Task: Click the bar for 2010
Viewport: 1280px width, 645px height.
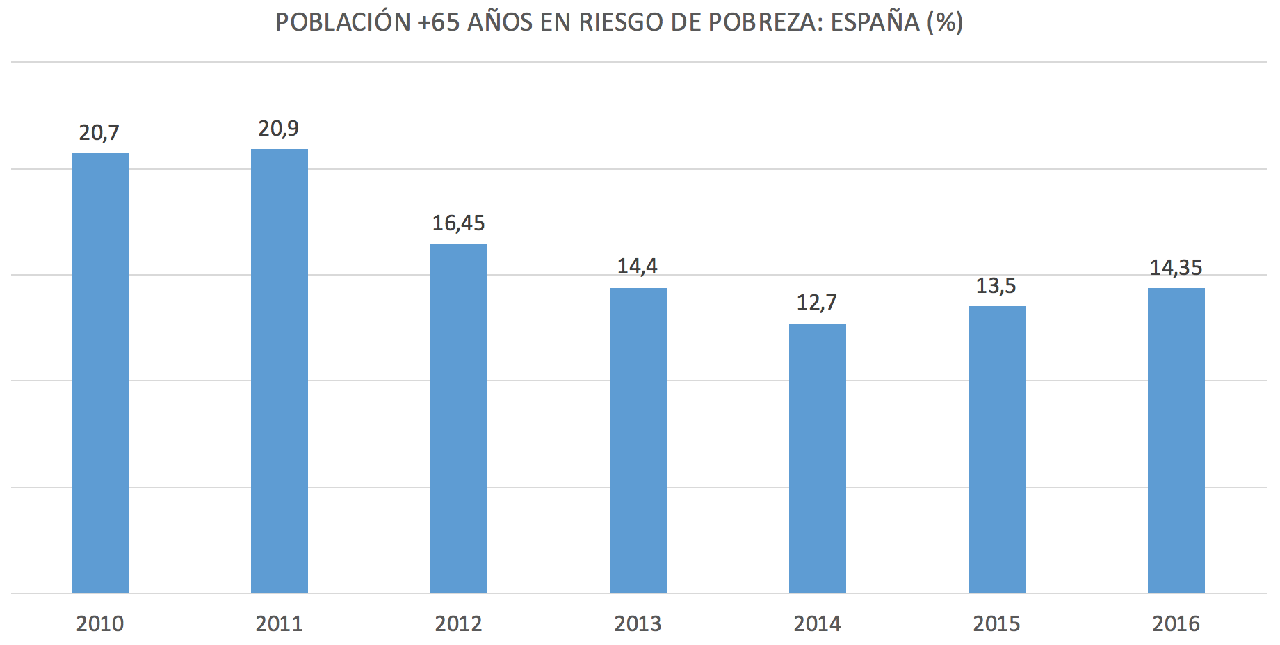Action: (x=100, y=373)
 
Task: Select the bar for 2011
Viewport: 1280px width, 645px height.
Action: (x=280, y=371)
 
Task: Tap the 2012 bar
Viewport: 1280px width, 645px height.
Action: (x=459, y=418)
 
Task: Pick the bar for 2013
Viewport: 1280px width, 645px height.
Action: (x=638, y=440)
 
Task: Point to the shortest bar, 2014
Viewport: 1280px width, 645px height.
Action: (x=818, y=459)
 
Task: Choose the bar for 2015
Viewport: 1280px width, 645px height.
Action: (x=997, y=449)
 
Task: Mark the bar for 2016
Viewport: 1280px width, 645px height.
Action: (x=1176, y=440)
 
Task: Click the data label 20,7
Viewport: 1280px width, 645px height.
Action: (x=99, y=133)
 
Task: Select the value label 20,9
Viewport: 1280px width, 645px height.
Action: (x=278, y=129)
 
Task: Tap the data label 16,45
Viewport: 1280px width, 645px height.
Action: (x=458, y=223)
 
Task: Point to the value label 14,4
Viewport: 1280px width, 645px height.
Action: (x=637, y=266)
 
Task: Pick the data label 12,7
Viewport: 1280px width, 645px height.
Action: (x=816, y=303)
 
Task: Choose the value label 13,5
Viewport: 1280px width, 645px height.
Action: (x=996, y=286)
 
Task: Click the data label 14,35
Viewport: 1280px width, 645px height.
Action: (x=1176, y=268)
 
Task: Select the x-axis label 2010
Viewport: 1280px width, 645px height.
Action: (x=100, y=623)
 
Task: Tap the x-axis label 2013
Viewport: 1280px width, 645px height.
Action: (x=638, y=623)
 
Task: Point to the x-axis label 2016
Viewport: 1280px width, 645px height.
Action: (x=1176, y=623)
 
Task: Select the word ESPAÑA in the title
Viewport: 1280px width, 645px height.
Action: (x=875, y=22)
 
